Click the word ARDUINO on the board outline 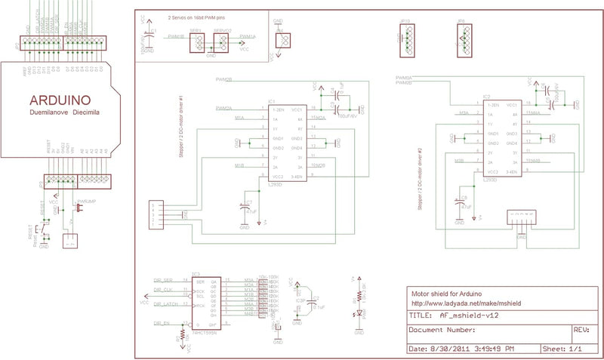60,100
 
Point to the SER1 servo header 196,43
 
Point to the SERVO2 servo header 221,43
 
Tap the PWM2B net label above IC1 223,78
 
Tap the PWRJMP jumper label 85,202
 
